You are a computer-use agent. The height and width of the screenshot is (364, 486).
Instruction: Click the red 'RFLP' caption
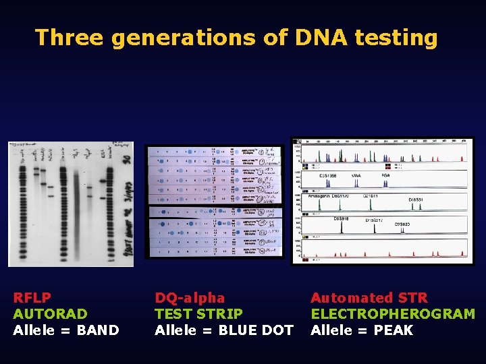(32, 297)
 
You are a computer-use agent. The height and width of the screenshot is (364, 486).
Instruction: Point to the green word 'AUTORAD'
(51, 313)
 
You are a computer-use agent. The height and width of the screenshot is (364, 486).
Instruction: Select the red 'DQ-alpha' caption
(190, 297)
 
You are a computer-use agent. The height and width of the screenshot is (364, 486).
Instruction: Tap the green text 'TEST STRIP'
(198, 313)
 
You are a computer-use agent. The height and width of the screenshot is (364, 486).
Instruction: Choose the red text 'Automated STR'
(369, 297)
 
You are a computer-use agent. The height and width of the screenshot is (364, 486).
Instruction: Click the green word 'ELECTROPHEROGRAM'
(392, 313)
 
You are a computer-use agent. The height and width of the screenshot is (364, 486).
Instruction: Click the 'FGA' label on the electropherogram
(385, 175)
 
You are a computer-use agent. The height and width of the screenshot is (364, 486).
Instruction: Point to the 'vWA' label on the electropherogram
(356, 175)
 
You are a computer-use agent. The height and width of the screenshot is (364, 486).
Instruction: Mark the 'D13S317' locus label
(375, 220)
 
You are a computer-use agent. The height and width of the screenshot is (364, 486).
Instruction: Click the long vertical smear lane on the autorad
(77, 209)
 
